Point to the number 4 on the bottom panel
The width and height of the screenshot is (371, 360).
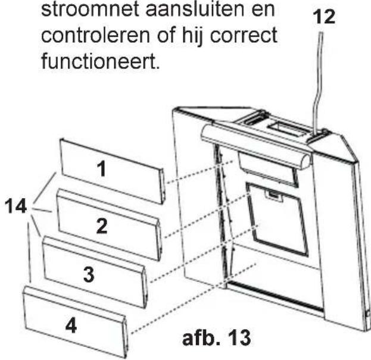tap(70, 327)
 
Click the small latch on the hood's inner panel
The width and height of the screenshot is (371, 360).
tap(272, 195)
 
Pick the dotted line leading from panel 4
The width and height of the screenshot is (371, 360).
tap(191, 298)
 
